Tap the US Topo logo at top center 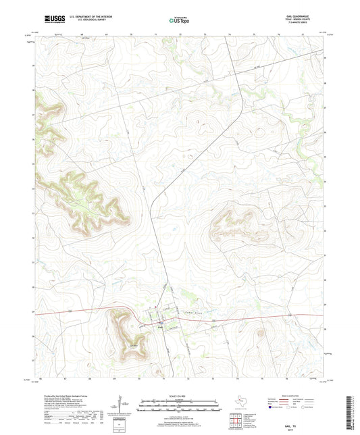coord(180,21)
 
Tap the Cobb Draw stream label coord(190,312)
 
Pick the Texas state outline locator coord(240,402)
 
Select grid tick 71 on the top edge coord(156,32)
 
